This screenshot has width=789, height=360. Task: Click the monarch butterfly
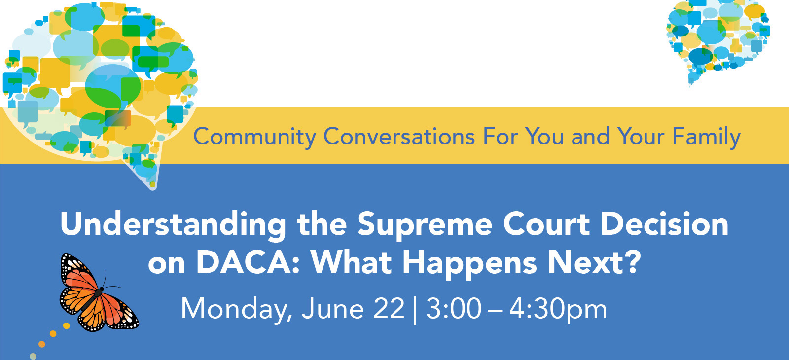(x=99, y=293)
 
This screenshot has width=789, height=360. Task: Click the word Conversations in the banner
(x=399, y=136)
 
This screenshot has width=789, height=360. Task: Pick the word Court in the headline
(x=546, y=224)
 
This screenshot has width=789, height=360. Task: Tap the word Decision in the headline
(x=664, y=224)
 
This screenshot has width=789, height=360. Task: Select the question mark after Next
(x=632, y=262)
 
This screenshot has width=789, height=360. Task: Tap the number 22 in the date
(x=389, y=309)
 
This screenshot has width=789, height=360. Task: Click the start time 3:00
(x=454, y=309)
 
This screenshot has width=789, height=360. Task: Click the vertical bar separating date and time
(x=415, y=311)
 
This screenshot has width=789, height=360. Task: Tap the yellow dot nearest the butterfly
(x=66, y=326)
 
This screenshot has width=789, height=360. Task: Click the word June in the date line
(x=333, y=309)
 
